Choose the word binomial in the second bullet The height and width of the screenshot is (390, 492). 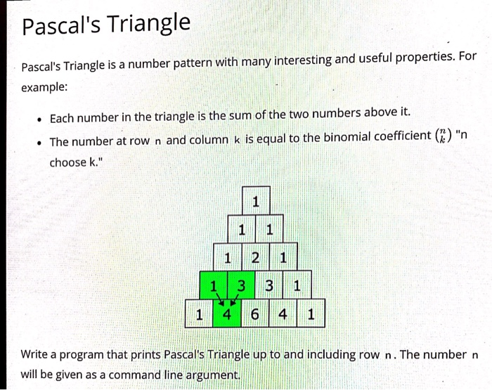pyautogui.click(x=339, y=138)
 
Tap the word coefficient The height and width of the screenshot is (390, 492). pyautogui.click(x=398, y=137)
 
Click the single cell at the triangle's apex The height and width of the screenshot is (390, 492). pyautogui.click(x=255, y=202)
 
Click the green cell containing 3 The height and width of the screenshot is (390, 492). pyautogui.click(x=241, y=286)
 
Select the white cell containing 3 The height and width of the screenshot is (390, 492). pyautogui.click(x=269, y=286)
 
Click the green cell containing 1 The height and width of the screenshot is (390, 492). pyautogui.click(x=213, y=286)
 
